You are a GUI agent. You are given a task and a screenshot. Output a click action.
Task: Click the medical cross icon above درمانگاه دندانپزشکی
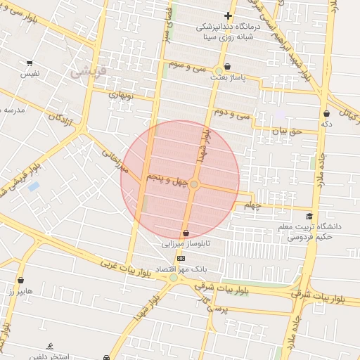pyautogui.click(x=228, y=15)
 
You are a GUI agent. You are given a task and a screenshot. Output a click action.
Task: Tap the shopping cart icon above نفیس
pyautogui.click(x=29, y=63)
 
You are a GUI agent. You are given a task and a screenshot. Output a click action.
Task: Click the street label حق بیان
pyautogui.click(x=286, y=130)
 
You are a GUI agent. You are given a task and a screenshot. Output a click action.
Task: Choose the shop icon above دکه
pyautogui.click(x=326, y=113)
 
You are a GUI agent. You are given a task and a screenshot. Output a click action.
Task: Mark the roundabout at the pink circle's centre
pyautogui.click(x=194, y=184)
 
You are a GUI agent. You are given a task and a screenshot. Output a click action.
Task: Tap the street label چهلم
pyautogui.click(x=252, y=205)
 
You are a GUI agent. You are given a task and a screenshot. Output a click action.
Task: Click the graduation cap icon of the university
pyautogui.click(x=309, y=217)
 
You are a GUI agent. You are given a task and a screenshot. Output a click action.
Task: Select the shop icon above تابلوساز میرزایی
pyautogui.click(x=186, y=233)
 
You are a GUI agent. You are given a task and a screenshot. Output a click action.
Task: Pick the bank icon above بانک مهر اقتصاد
pyautogui.click(x=181, y=258)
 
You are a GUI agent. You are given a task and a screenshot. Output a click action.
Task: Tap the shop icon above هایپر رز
pyautogui.click(x=20, y=280)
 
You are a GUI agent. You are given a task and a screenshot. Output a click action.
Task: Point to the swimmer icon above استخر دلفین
pyautogui.click(x=49, y=346)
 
